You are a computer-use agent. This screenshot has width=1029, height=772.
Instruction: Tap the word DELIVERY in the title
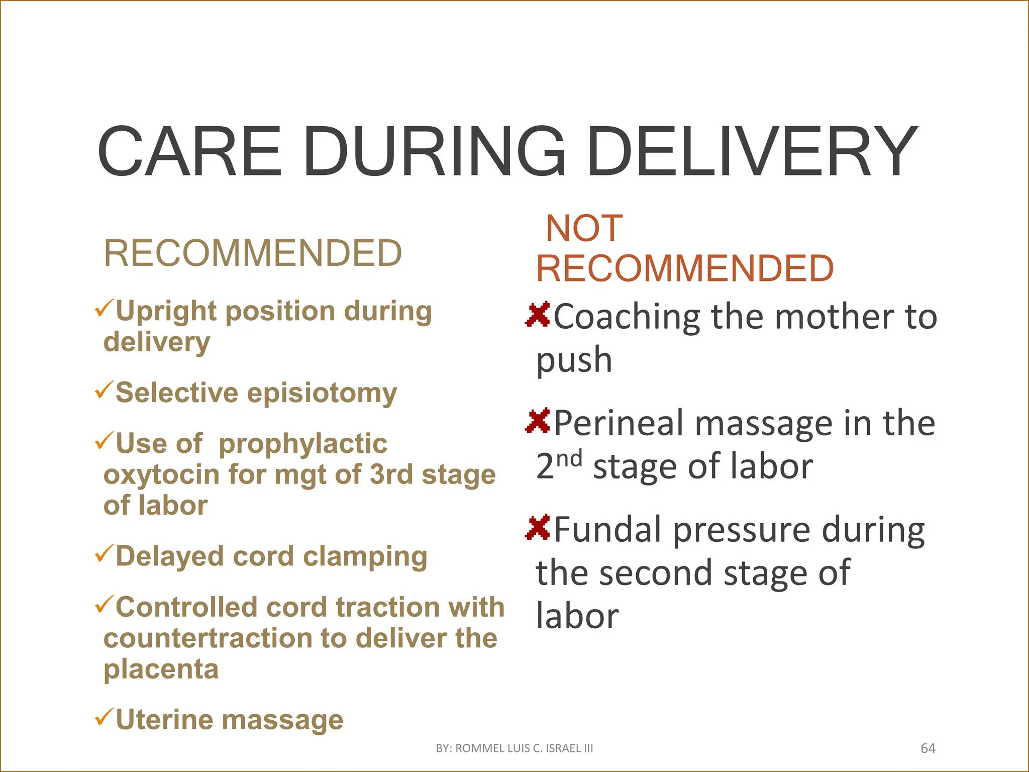click(x=752, y=152)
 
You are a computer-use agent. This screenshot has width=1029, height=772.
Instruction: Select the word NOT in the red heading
click(x=584, y=228)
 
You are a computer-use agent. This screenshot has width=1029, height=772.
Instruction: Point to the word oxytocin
click(x=160, y=475)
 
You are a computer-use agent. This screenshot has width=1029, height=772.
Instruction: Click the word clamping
click(x=365, y=557)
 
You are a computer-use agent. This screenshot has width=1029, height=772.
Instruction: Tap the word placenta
click(x=161, y=670)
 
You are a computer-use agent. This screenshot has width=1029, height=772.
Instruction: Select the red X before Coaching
click(x=538, y=315)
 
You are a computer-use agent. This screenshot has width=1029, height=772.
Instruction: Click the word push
click(x=574, y=360)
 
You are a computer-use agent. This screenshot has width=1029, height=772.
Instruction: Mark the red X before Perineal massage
click(x=538, y=421)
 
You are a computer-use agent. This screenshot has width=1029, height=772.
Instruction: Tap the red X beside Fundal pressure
click(x=538, y=528)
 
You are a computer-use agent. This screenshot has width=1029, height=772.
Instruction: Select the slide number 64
click(x=928, y=748)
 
